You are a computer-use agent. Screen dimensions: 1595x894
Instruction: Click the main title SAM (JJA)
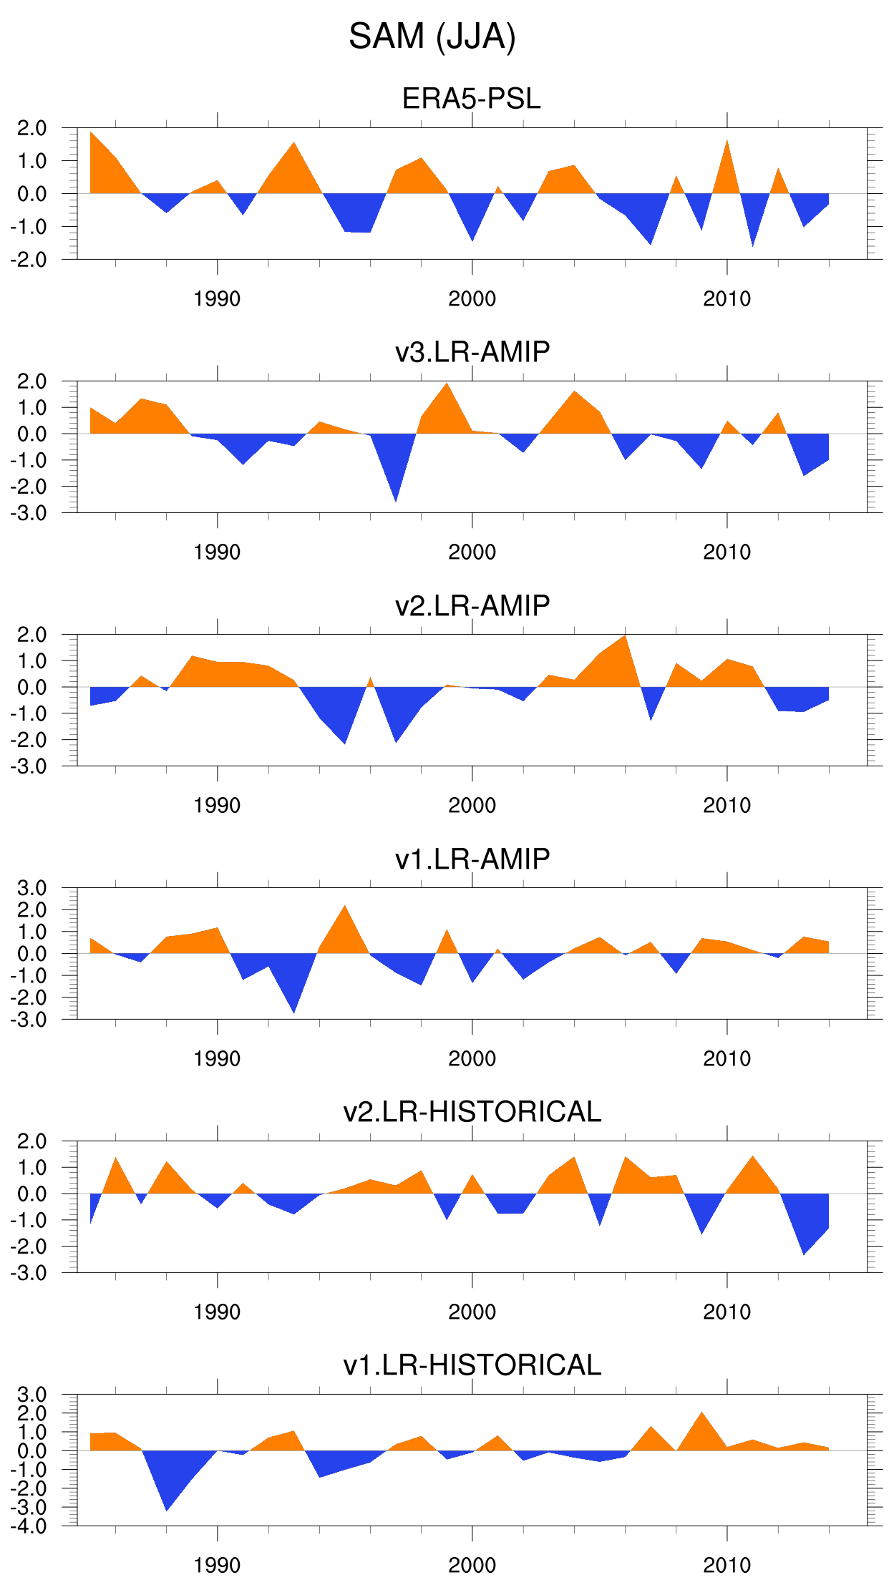432,36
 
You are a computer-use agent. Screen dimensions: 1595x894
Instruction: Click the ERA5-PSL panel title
471,99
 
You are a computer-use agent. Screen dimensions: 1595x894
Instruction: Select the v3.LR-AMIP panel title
472,352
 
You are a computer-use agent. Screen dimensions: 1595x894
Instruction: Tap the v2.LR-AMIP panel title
472,605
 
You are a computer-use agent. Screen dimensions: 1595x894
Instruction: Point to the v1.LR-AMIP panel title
472,859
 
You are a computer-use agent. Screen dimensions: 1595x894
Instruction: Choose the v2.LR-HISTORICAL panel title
472,1112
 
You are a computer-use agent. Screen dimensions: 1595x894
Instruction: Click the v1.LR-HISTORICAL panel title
472,1365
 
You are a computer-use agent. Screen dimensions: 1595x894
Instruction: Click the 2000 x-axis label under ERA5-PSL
472,298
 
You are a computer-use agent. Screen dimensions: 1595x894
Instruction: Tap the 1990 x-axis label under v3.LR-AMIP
217,552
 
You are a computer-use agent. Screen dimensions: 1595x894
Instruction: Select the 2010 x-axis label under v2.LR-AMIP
727,805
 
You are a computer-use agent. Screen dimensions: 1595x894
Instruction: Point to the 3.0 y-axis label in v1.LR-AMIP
31,888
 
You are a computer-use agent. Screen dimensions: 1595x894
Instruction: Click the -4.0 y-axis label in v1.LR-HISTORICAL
29,1526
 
